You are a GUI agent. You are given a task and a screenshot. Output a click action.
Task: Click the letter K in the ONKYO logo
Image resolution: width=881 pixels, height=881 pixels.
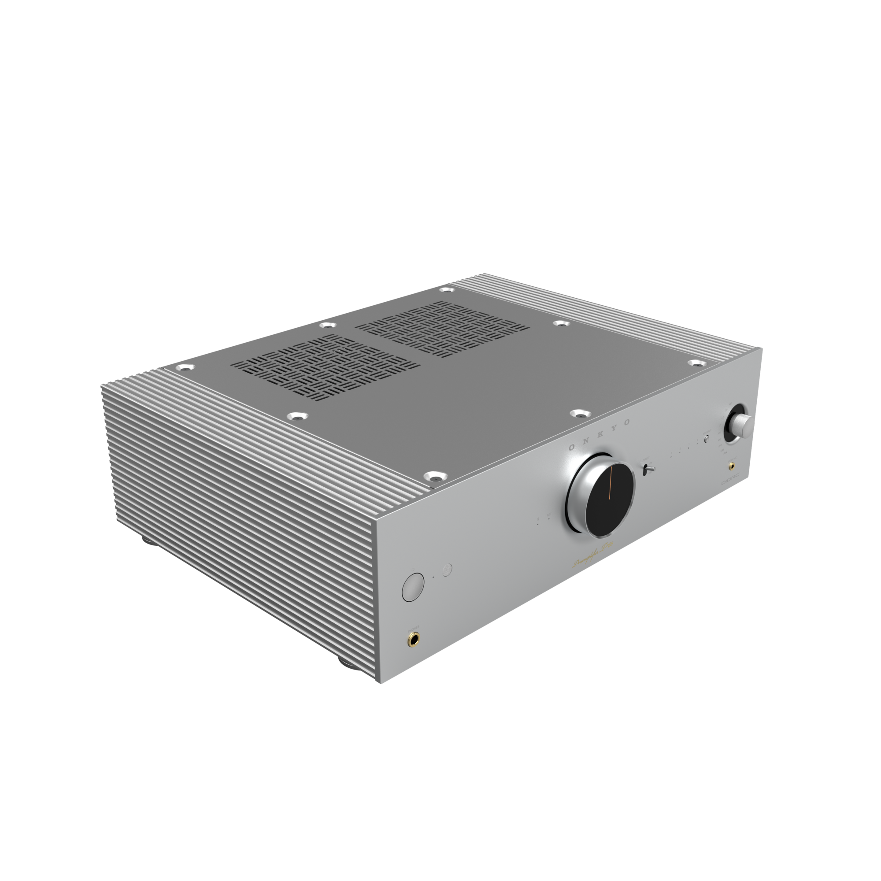click(x=597, y=435)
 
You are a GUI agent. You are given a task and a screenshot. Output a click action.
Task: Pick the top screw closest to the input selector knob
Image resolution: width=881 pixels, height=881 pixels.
click(x=695, y=363)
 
